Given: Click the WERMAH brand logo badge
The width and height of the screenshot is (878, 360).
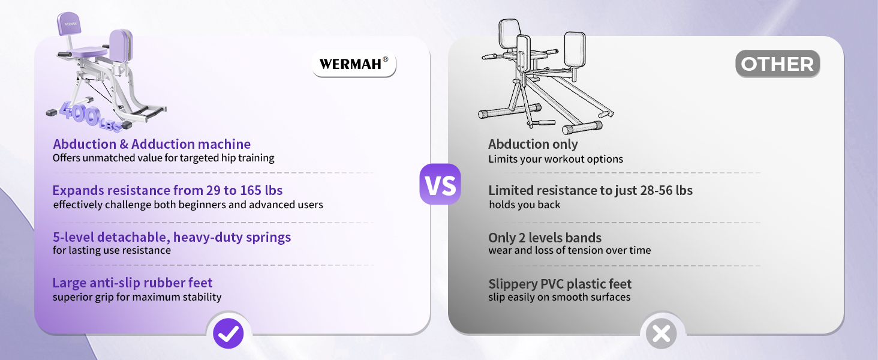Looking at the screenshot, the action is (x=354, y=64).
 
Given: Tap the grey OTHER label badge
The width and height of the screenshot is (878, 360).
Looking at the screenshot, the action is (x=777, y=64).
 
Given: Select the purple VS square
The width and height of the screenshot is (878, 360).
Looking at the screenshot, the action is (x=440, y=184).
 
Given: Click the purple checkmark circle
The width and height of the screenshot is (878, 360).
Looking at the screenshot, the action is (x=228, y=333).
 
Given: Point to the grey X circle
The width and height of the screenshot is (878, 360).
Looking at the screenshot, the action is (x=661, y=334).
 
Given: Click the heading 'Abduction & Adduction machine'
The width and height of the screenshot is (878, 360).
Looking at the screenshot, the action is (x=152, y=145).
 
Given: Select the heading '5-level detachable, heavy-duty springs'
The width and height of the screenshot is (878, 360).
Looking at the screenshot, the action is (x=172, y=237).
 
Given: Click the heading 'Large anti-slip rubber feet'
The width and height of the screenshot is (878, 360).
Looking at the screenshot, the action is (x=133, y=283).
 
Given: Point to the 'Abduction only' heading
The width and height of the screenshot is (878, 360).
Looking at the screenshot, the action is (x=533, y=145).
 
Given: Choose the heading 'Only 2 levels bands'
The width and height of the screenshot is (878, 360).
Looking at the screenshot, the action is (x=545, y=238).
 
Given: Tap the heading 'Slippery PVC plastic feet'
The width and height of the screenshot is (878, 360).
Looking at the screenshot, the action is (x=560, y=284).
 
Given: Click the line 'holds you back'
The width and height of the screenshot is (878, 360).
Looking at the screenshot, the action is (x=524, y=205).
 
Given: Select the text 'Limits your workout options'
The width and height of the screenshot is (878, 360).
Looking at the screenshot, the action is (x=555, y=159).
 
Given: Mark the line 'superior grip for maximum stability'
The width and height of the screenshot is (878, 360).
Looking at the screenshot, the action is (x=137, y=297).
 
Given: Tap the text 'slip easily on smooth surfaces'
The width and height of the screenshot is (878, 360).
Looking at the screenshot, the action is (x=560, y=297).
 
